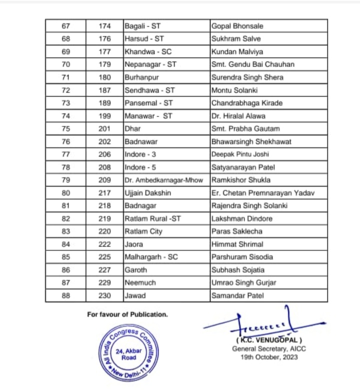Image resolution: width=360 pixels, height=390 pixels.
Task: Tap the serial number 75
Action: point(65,128)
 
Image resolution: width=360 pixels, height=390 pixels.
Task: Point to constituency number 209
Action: point(104,180)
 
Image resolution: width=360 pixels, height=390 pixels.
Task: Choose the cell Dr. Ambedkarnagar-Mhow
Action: point(164,180)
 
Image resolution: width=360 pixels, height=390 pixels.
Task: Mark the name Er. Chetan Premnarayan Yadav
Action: point(263,193)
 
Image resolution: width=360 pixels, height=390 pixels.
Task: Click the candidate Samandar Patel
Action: point(237,295)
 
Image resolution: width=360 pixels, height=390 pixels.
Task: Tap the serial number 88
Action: point(65,295)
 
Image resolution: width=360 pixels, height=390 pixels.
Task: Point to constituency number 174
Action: point(104,26)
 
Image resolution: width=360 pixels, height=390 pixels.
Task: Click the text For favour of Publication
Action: point(127,314)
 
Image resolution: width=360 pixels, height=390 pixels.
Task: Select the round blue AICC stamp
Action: point(128,353)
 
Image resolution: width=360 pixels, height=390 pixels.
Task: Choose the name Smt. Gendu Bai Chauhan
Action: point(253,64)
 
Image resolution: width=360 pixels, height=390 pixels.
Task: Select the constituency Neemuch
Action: point(140,283)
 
